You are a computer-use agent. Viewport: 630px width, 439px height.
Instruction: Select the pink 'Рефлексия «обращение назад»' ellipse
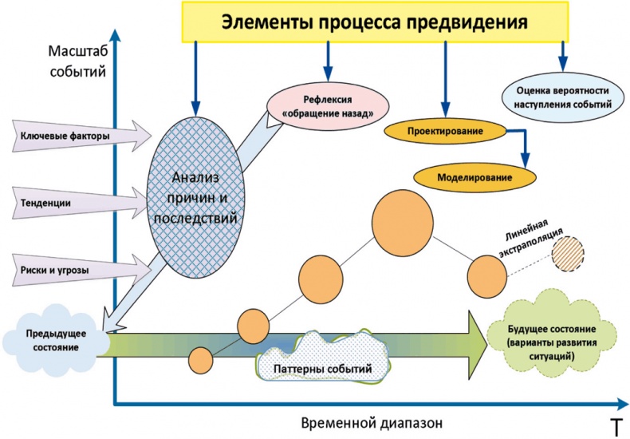327,106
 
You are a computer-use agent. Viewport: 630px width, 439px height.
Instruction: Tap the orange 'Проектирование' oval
446,131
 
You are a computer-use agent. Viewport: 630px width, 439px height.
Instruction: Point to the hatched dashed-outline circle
567,256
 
